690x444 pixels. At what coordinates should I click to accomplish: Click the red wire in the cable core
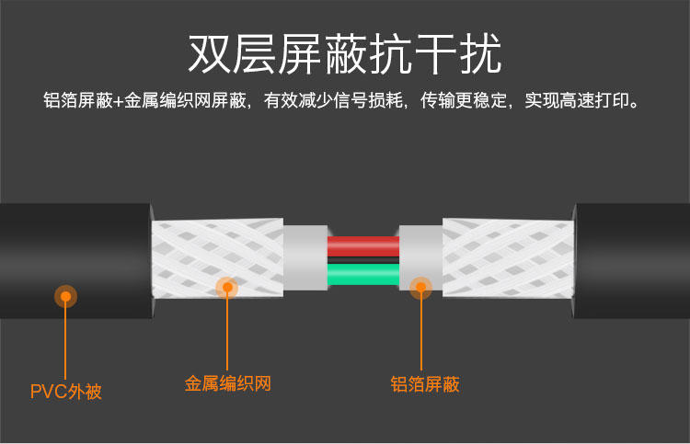[362, 246]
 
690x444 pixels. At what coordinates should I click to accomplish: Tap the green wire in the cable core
[362, 275]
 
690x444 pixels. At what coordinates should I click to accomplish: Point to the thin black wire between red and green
[362, 261]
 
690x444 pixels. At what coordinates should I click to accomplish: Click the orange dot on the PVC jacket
[65, 296]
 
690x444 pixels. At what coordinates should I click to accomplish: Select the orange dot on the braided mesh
[227, 287]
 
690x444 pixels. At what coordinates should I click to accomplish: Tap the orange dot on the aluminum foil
[421, 288]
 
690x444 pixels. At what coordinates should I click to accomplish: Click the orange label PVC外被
[66, 393]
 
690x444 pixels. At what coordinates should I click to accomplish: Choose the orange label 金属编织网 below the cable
[228, 383]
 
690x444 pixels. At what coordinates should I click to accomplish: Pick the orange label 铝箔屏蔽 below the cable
[425, 383]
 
